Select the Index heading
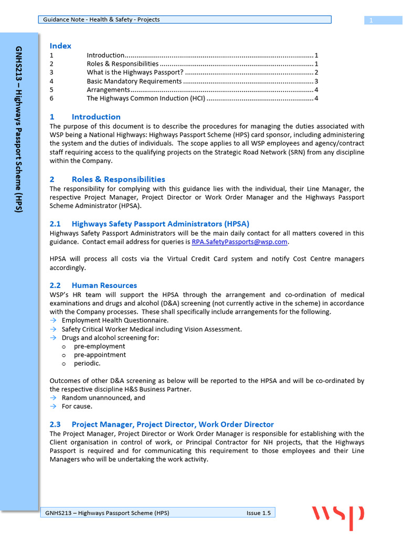point(60,46)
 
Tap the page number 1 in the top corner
point(371,20)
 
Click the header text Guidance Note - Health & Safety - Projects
point(101,19)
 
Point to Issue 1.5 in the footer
point(258,513)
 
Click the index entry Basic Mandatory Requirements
point(134,81)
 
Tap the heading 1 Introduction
point(85,117)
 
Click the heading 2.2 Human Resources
point(93,285)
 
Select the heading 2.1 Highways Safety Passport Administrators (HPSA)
point(150,224)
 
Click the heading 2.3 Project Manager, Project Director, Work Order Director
point(162,424)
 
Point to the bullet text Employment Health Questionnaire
point(115,320)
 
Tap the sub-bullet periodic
point(87,363)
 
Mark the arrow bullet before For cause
point(53,406)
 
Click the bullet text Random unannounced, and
point(103,398)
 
